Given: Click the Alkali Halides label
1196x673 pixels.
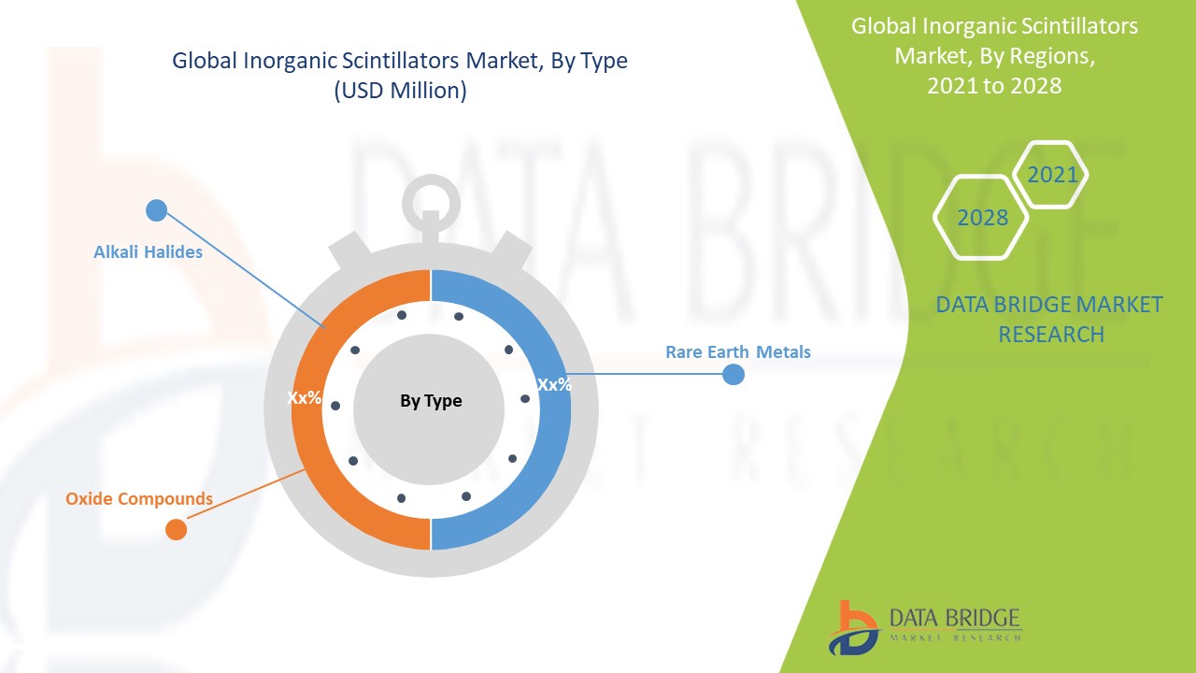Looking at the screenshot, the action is click(148, 251).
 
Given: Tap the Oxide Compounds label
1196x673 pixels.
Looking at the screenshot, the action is click(139, 498).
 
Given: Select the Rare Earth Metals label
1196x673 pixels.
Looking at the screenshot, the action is click(738, 352).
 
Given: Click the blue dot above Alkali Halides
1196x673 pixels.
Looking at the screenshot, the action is click(156, 210).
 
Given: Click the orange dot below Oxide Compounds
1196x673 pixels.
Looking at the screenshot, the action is click(177, 529).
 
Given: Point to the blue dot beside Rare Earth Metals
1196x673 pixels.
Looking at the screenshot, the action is click(733, 375).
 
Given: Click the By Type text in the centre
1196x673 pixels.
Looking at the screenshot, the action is click(431, 401).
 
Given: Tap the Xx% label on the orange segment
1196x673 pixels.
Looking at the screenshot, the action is click(304, 397).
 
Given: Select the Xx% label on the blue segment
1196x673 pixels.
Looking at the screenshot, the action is click(554, 384).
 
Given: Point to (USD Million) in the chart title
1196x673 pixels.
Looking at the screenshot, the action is click(401, 91).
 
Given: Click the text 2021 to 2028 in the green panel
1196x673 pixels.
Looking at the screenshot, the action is click(994, 85).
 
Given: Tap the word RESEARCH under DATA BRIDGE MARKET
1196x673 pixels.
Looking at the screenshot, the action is click(1051, 335).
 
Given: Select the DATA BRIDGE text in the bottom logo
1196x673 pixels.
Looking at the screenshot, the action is click(955, 619).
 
